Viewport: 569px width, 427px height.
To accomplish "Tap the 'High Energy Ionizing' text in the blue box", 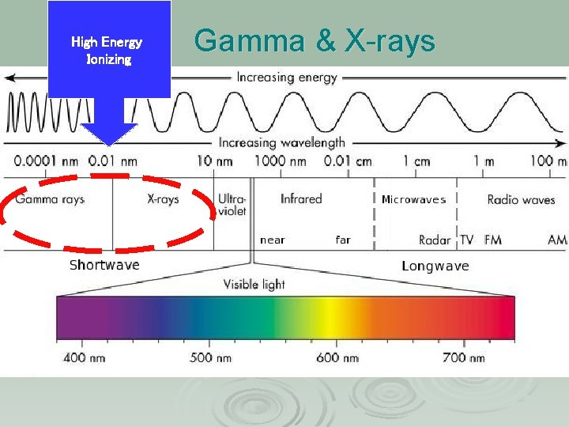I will tap(107, 50).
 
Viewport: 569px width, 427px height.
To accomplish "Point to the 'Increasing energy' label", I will tap(286, 77).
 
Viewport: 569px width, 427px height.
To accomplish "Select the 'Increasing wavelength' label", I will tap(281, 143).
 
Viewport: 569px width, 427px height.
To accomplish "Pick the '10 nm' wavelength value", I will tap(209, 161).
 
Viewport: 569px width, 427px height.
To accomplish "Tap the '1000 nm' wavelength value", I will tap(280, 161).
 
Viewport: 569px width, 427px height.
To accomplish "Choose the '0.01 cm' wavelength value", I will tap(348, 161).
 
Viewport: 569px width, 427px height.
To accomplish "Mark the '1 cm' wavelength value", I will tap(416, 161).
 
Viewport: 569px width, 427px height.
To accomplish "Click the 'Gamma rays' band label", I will tap(50, 199).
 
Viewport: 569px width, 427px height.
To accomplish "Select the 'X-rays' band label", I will tap(164, 199).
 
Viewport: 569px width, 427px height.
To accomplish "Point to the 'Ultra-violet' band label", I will tap(232, 205).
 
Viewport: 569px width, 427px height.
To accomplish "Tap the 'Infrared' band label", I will tap(301, 199).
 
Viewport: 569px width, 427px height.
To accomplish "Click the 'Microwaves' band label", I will tap(413, 200).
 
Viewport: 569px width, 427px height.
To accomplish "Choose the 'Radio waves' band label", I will tap(521, 200).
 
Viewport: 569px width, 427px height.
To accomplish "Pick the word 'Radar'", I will tap(435, 240).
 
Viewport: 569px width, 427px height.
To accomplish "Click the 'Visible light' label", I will tap(254, 284).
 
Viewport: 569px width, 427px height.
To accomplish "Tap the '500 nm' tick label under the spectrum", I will tap(211, 358).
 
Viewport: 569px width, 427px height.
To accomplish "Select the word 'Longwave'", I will tap(435, 266).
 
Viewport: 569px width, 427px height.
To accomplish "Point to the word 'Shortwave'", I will tap(104, 265).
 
